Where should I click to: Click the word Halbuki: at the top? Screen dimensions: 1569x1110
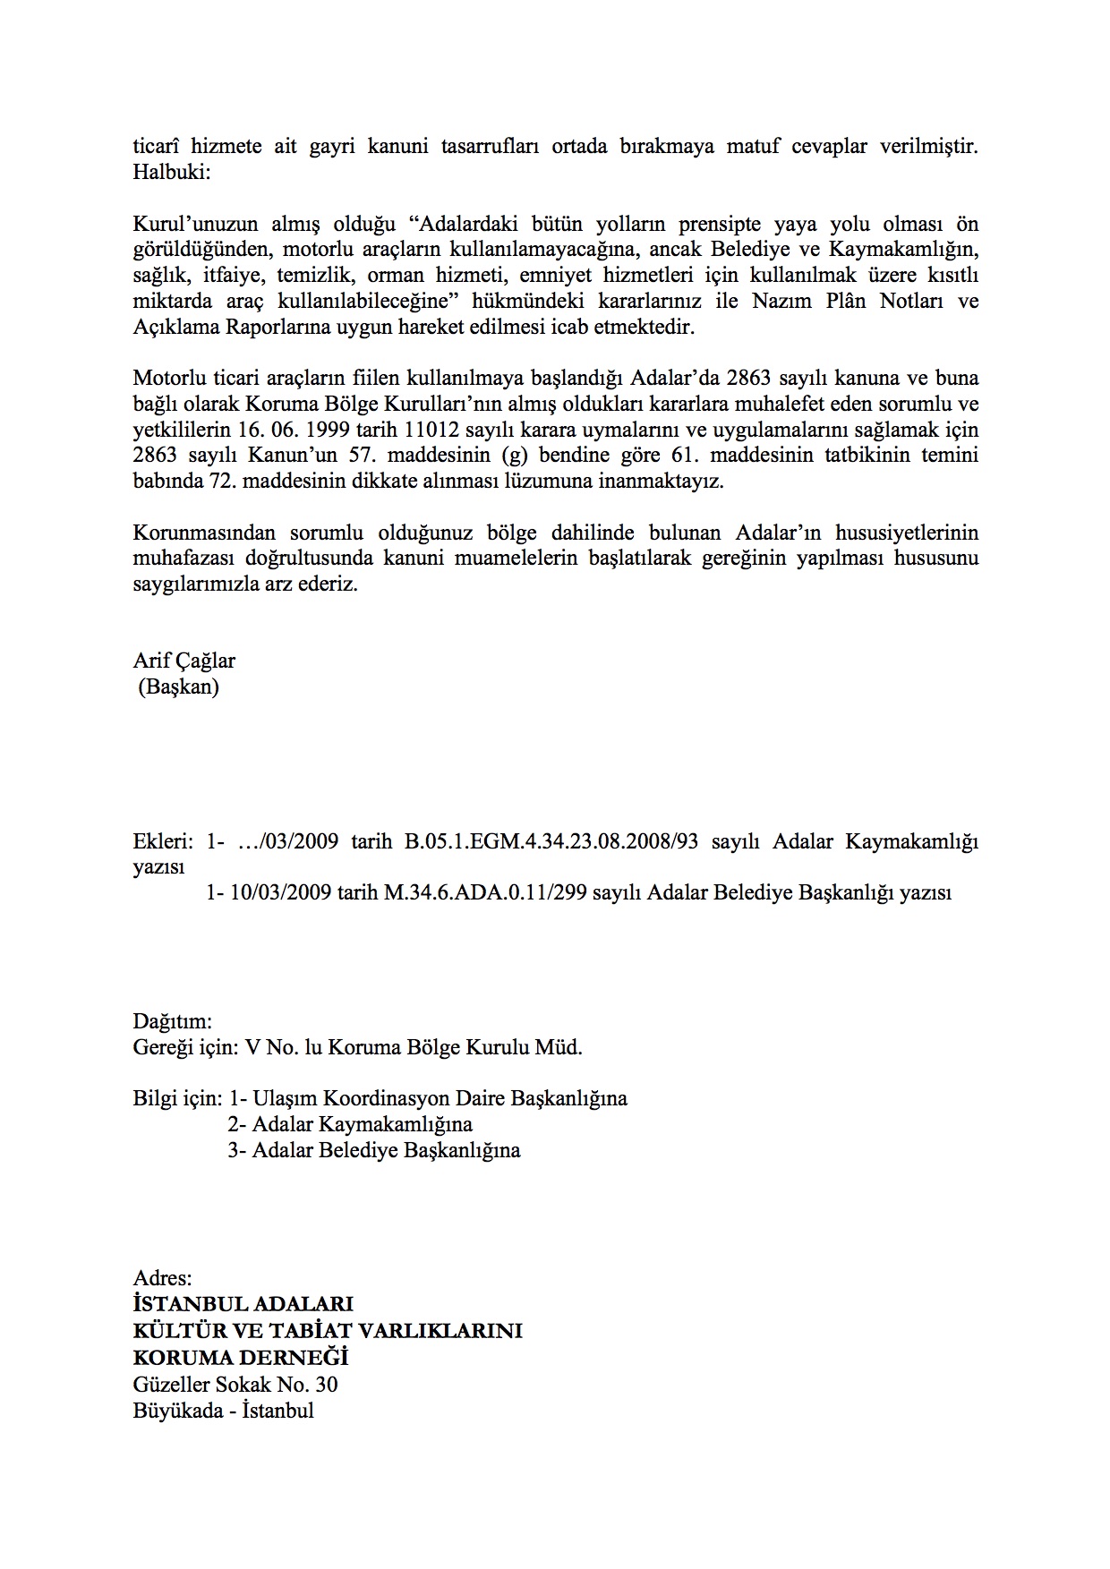171,172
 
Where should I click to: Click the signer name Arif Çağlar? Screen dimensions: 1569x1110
184,661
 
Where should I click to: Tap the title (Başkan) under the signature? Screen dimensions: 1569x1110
178,687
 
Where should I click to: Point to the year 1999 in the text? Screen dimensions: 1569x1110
326,429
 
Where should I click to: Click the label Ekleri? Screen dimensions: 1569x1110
163,842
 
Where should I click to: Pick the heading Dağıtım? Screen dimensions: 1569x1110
173,1021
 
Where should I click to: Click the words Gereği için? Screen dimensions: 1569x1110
185,1047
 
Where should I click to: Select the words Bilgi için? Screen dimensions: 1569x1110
177,1098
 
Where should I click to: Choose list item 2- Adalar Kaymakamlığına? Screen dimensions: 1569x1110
350,1124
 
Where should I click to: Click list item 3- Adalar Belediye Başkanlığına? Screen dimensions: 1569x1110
373,1150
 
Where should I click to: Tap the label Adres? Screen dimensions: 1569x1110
162,1279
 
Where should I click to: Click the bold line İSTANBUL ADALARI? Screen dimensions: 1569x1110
243,1305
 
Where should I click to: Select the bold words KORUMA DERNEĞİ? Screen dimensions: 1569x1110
240,1358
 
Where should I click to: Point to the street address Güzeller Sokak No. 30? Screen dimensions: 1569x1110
235,1385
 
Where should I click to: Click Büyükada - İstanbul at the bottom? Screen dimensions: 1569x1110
223,1411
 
